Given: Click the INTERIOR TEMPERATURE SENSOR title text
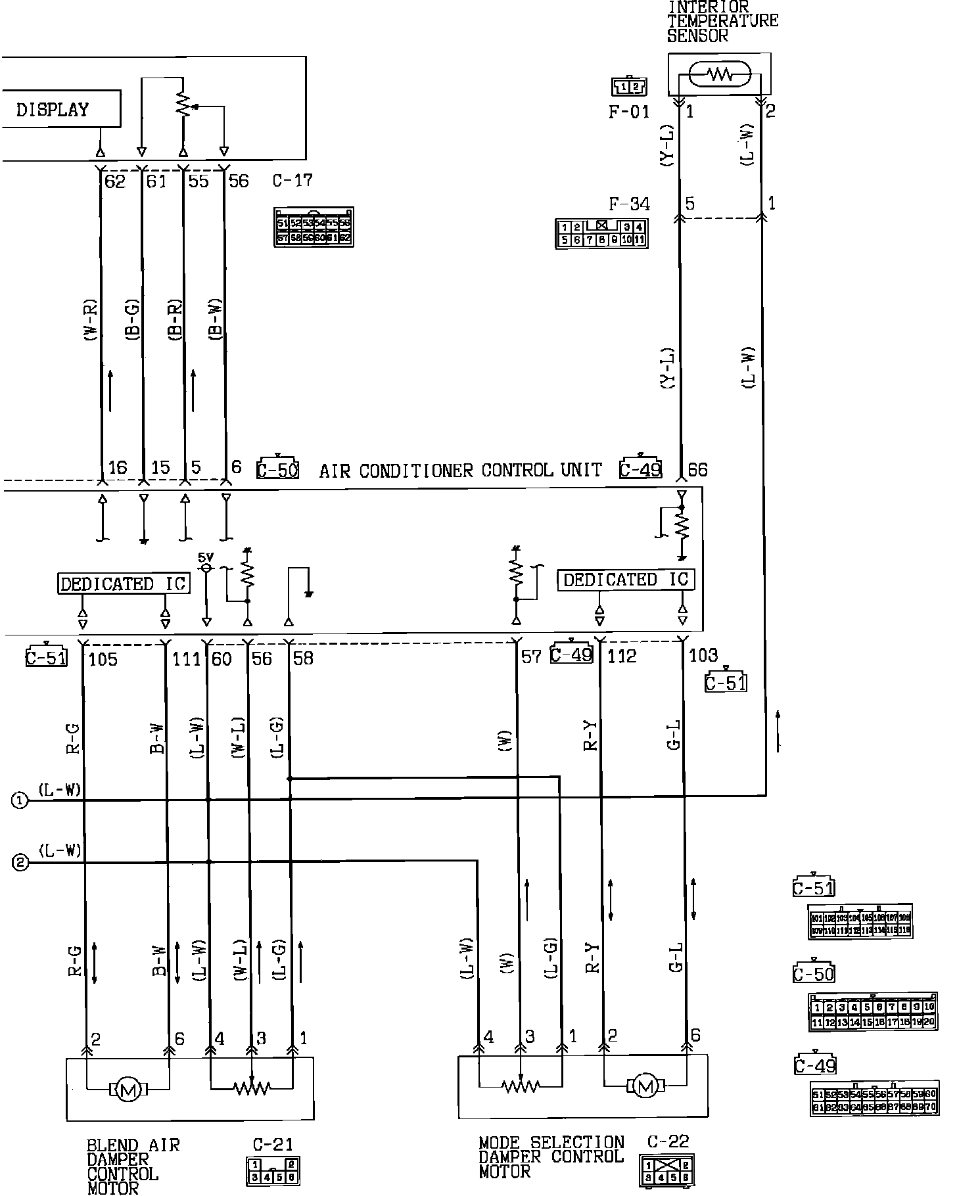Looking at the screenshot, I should (x=722, y=21).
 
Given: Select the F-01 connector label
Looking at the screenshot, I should (x=628, y=112).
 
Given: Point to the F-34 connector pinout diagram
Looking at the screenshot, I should (x=601, y=233).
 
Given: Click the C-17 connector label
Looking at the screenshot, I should (x=292, y=180).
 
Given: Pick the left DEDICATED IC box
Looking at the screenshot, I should (x=124, y=584).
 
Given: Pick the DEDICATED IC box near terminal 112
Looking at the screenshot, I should (x=626, y=580).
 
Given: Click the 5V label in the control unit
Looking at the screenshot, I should (x=206, y=557).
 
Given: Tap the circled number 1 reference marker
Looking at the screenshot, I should (x=20, y=800).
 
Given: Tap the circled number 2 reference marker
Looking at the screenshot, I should (x=20, y=863).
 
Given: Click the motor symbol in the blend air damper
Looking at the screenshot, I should (x=128, y=1091).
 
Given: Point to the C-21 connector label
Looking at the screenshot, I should (x=273, y=1145).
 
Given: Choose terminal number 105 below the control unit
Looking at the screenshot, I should (x=103, y=659).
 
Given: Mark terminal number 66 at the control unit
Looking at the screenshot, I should (x=697, y=470).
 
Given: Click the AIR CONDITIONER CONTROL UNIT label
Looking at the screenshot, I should (x=460, y=471).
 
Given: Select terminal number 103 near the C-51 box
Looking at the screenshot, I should (x=703, y=655).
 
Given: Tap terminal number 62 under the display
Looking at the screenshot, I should (x=114, y=181).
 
